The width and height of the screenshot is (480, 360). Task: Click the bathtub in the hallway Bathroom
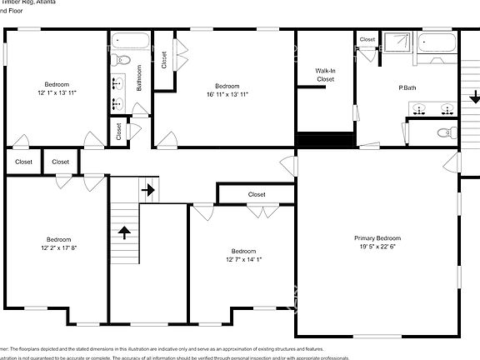tap(131, 41)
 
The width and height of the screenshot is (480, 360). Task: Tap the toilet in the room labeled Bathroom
tap(121, 58)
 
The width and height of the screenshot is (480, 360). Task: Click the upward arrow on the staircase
tap(124, 231)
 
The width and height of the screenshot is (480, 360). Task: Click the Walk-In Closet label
tap(325, 75)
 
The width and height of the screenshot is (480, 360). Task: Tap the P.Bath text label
tap(407, 87)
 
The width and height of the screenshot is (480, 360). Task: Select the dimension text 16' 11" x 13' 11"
tap(227, 94)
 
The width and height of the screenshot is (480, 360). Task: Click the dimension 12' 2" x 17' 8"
tap(58, 247)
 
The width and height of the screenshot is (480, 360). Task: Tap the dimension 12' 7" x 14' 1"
tap(243, 259)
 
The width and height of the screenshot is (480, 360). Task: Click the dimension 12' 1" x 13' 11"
tap(57, 92)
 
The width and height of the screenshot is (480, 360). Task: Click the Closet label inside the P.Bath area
tap(367, 39)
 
